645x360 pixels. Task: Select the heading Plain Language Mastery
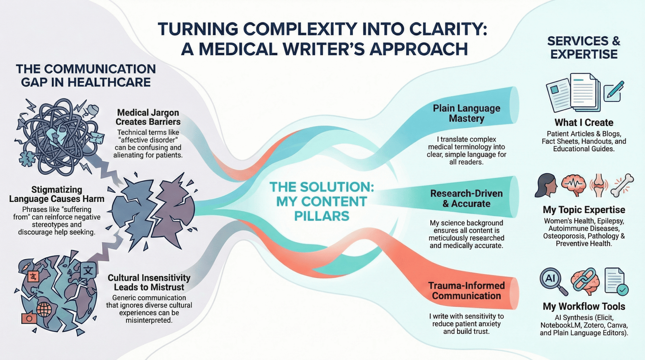(x=466, y=113)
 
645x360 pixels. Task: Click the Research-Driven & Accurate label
(x=466, y=198)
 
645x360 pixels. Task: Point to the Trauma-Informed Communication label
(x=466, y=291)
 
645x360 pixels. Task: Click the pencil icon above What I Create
(x=614, y=92)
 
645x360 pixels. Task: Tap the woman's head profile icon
(x=546, y=185)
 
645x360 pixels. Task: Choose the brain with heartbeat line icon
(x=574, y=185)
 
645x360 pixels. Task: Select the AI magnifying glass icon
(x=553, y=281)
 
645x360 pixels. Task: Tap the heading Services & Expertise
(x=584, y=48)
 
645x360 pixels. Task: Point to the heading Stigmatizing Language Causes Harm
(x=57, y=194)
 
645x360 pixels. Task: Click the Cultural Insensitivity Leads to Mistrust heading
(x=149, y=282)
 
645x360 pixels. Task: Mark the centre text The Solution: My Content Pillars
(x=322, y=201)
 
